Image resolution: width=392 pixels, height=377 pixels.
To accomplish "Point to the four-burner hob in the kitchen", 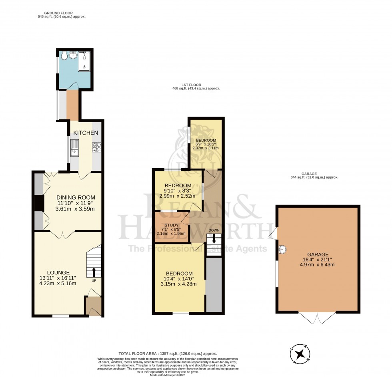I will [96, 147].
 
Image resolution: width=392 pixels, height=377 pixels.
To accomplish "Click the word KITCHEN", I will [85, 133].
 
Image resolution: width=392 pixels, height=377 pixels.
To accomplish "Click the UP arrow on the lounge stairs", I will [94, 272].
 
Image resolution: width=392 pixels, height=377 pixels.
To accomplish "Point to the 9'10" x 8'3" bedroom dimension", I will [177, 191].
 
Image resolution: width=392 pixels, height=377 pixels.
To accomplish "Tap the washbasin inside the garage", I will [282, 249].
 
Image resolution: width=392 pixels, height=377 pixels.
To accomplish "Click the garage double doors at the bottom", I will [317, 318].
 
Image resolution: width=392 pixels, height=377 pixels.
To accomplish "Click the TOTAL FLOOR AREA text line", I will [168, 353].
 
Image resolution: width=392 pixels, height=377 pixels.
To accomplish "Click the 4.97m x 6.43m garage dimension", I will [318, 265].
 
